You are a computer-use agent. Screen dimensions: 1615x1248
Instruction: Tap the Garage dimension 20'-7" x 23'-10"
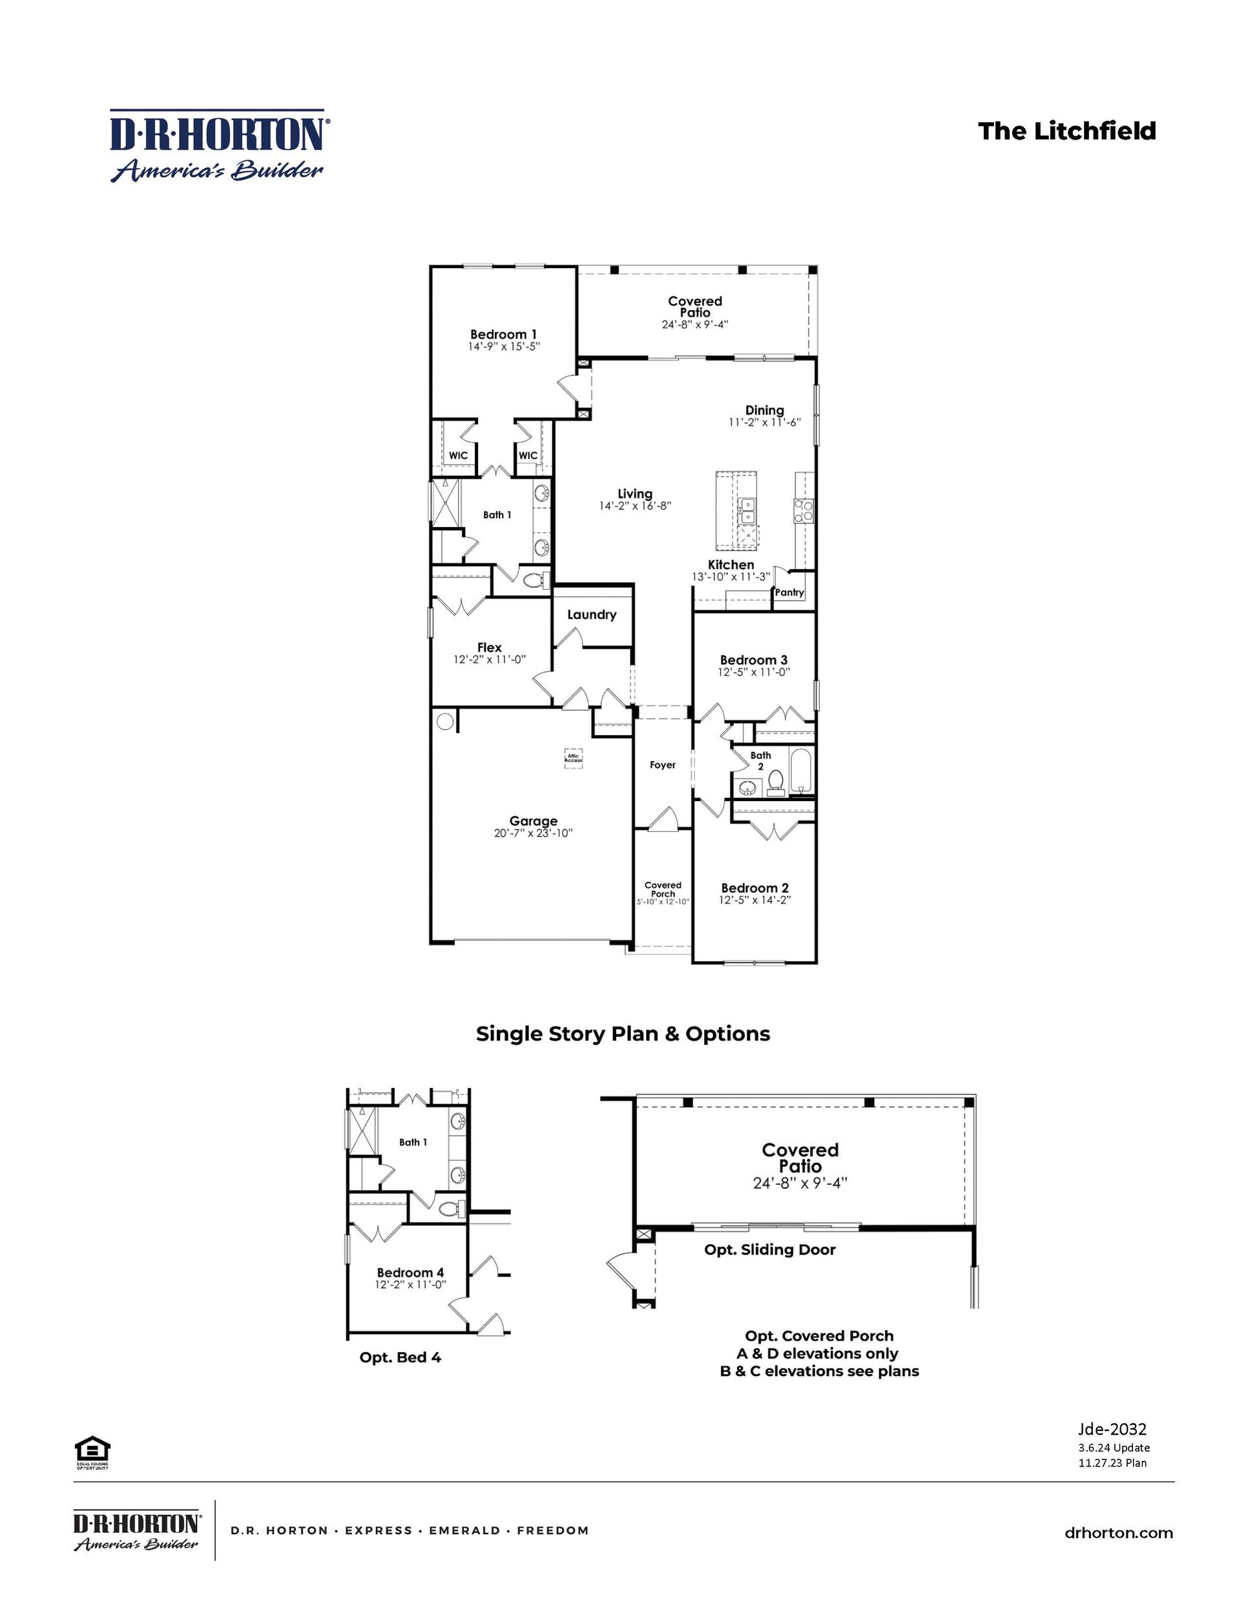click(x=533, y=833)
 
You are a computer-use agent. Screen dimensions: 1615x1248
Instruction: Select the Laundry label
click(x=592, y=614)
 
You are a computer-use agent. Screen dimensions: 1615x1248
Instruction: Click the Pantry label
click(x=789, y=592)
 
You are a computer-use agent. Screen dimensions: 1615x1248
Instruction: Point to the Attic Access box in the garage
click(x=574, y=758)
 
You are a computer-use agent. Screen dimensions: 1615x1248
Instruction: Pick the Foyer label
click(x=663, y=766)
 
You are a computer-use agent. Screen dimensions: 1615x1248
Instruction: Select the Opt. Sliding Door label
click(x=769, y=1250)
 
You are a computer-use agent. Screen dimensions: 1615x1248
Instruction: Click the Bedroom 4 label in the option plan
click(x=410, y=1273)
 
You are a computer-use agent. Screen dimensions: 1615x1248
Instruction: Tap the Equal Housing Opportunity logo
click(x=92, y=1448)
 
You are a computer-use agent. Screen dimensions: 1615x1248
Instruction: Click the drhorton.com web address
click(x=1118, y=1534)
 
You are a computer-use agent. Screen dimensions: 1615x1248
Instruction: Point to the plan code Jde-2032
click(x=1112, y=1430)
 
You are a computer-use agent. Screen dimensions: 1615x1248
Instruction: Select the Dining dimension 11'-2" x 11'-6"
click(x=764, y=423)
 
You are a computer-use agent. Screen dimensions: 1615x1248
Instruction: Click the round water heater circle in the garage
click(x=445, y=722)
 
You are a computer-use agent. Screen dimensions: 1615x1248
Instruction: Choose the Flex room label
click(x=490, y=647)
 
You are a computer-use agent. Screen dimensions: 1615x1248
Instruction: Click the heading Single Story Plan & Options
click(x=623, y=1034)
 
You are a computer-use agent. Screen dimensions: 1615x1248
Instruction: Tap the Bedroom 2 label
click(x=755, y=888)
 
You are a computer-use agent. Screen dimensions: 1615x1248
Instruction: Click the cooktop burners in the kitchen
click(x=803, y=510)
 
